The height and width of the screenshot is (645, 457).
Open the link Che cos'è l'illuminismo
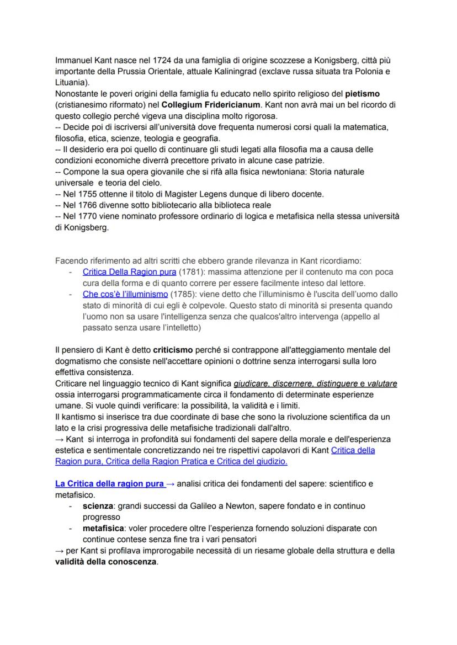tap(125, 294)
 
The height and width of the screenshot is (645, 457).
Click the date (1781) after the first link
tap(191, 272)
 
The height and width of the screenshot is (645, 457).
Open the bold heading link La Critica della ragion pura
tap(109, 484)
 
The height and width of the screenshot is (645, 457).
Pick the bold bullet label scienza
tap(97, 505)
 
